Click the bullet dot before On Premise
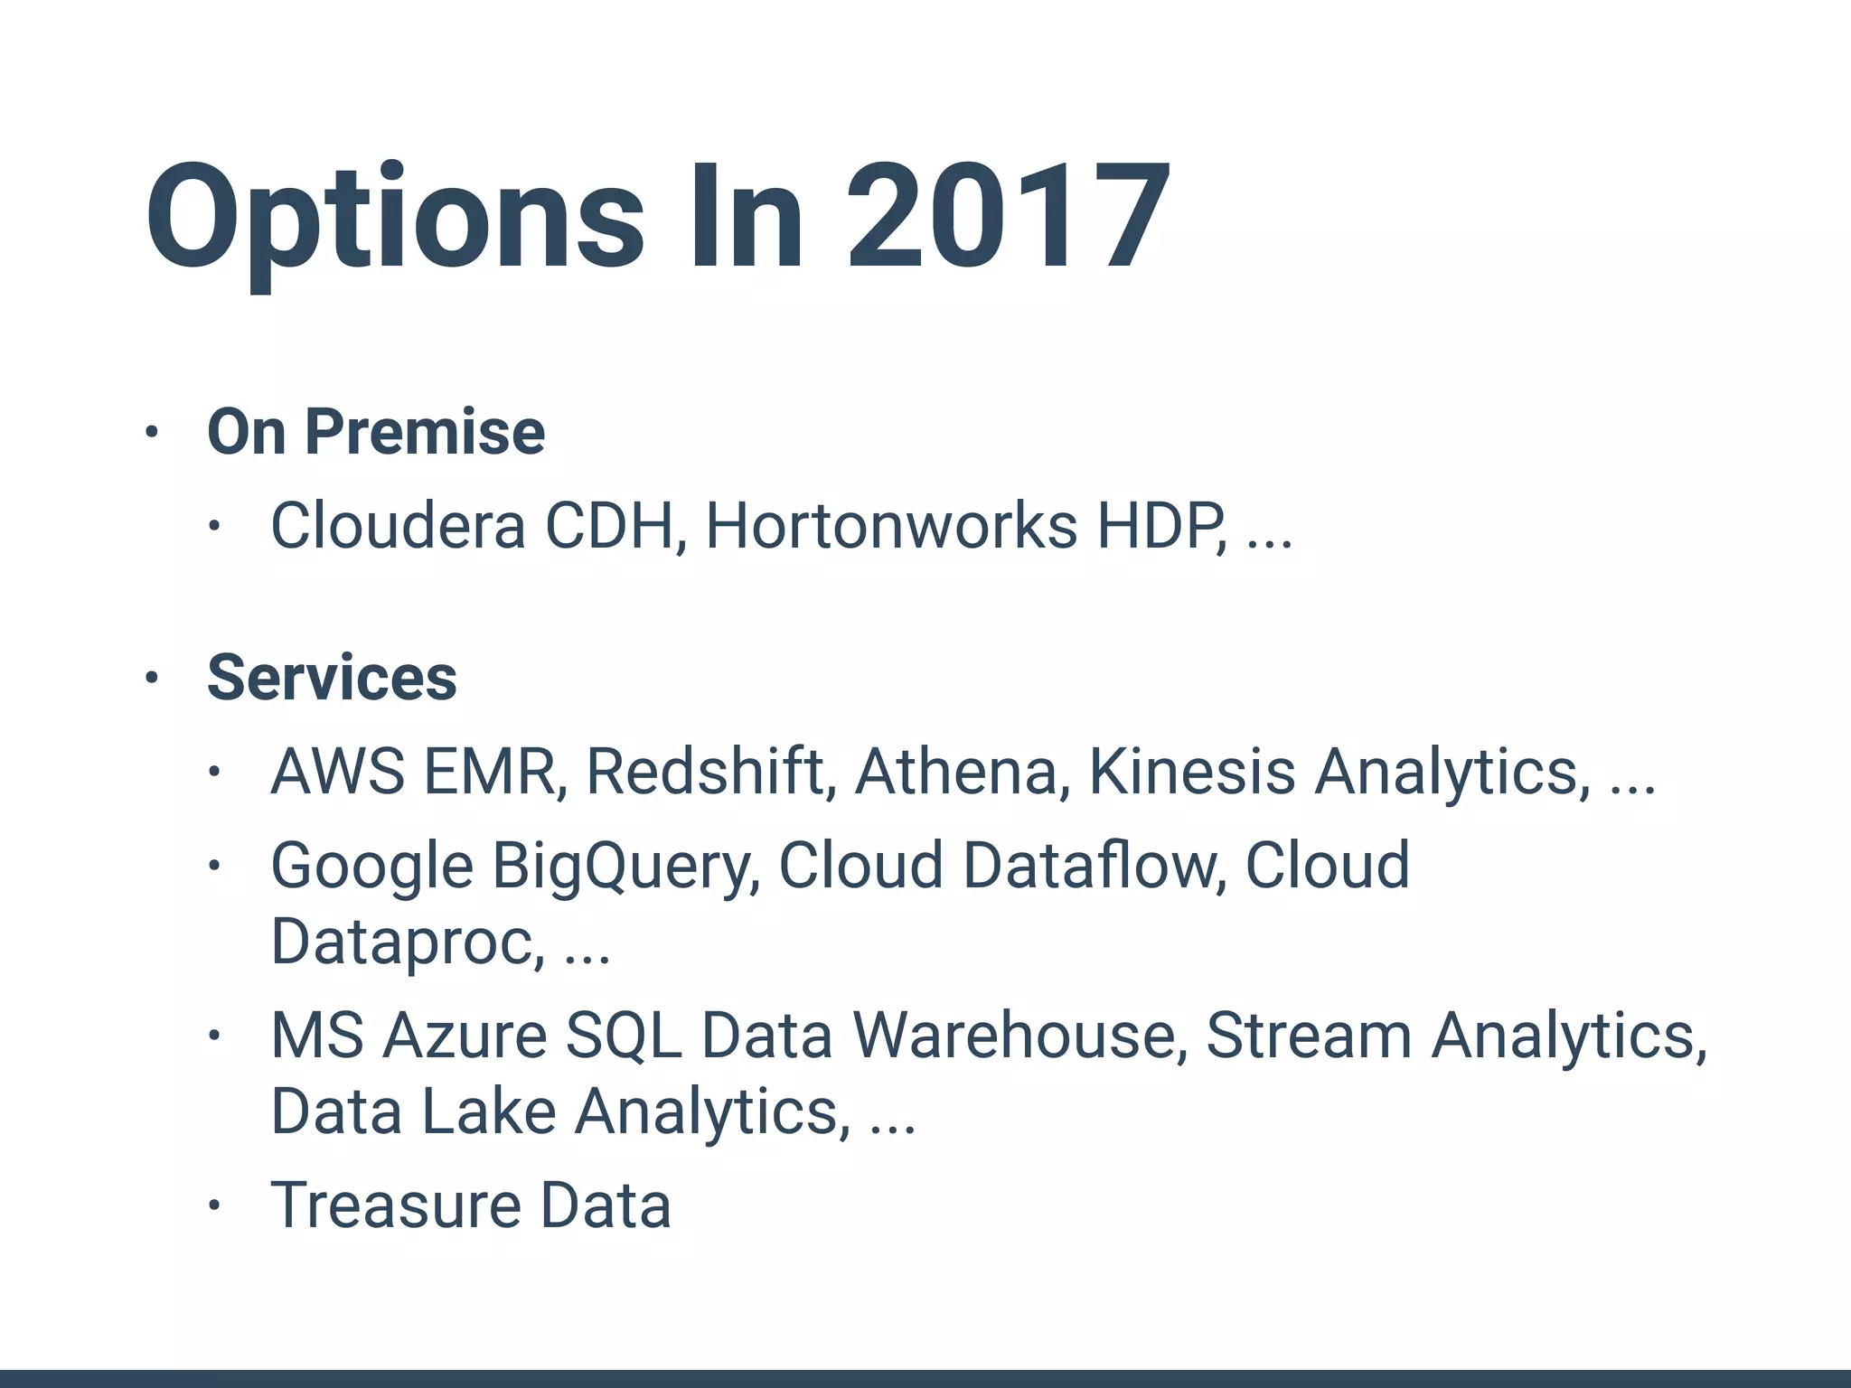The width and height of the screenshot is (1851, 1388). [x=151, y=433]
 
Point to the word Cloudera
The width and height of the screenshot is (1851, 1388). [x=398, y=525]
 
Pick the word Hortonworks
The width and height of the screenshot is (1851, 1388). [x=891, y=525]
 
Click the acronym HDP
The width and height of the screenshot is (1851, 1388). [x=1160, y=525]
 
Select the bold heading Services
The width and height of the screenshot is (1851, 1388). [x=332, y=678]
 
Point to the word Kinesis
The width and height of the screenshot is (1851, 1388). [x=1192, y=772]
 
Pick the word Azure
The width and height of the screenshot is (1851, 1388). [x=465, y=1036]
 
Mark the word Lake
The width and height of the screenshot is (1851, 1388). [x=488, y=1111]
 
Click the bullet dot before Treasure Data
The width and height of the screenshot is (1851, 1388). [x=213, y=1205]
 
